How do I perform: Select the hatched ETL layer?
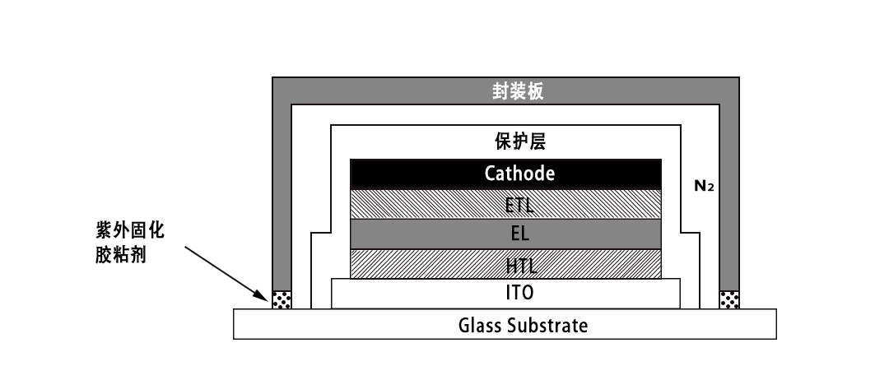click(x=428, y=204)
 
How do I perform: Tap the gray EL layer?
click(x=428, y=234)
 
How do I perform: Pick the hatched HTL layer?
click(x=428, y=263)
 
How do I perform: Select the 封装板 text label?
click(x=519, y=91)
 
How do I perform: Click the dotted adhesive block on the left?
click(x=282, y=299)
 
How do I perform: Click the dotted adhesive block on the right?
click(x=729, y=299)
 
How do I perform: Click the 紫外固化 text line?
click(x=130, y=232)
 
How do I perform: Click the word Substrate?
click(x=547, y=324)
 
